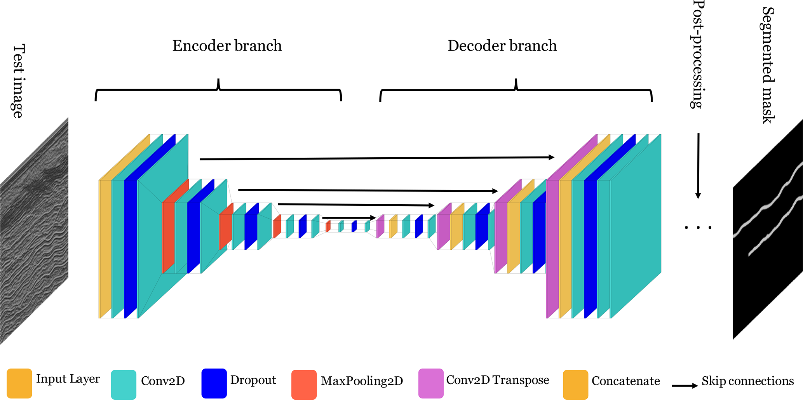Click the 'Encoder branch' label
click(227, 46)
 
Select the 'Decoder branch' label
click(502, 46)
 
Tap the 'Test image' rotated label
click(18, 81)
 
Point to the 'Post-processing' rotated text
click(698, 54)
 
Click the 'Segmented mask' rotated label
click(768, 65)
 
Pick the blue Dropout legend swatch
click(214, 383)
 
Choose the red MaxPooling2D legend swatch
click(304, 384)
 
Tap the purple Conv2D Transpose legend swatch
click(431, 383)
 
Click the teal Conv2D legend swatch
click(124, 384)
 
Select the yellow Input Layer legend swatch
click(19, 383)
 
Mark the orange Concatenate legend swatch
click(575, 384)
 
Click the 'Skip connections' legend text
click(747, 381)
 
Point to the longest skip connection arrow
click(377, 158)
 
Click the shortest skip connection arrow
click(349, 218)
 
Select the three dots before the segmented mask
click(698, 227)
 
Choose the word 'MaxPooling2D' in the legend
click(362, 381)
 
